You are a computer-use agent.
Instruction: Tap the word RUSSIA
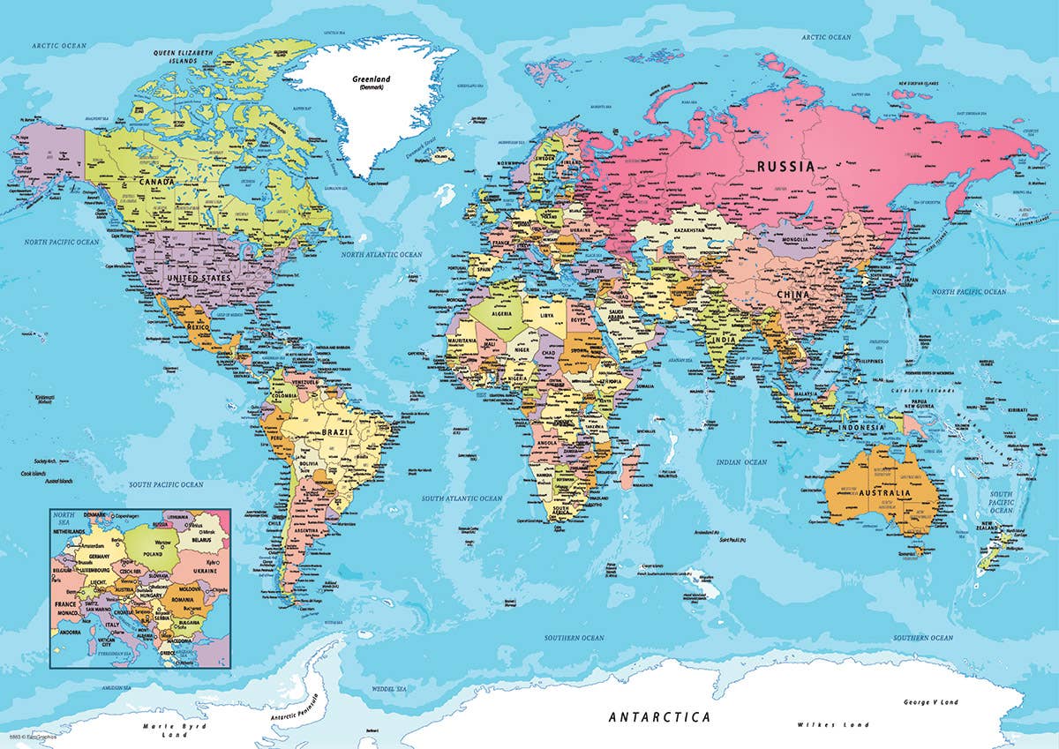coord(784,166)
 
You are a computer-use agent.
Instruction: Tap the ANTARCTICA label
coord(659,717)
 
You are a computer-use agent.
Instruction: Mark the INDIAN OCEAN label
coord(741,462)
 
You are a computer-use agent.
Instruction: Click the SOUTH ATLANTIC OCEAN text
coord(461,498)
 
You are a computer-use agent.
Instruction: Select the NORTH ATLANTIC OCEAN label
coord(382,254)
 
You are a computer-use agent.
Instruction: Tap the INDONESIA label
coord(860,427)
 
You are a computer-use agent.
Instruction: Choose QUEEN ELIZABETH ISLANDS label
coord(184,56)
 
